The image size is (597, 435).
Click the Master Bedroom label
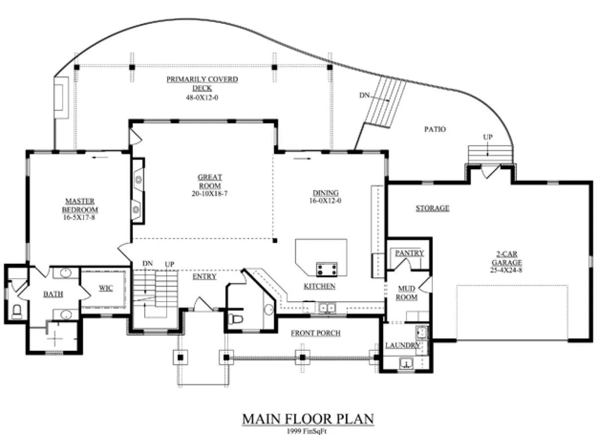coord(80,205)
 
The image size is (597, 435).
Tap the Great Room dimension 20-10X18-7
coord(210,194)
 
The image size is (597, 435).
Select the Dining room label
coord(325,193)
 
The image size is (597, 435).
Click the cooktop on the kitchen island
coord(326,269)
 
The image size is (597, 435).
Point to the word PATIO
coord(435,129)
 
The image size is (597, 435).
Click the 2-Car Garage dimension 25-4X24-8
coord(506,270)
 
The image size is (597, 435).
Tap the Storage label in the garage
coord(432,208)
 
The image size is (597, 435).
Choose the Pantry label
coord(409,253)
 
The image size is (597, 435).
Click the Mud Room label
coord(407,293)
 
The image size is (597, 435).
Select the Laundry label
coord(402,345)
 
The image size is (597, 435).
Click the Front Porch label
coord(315,333)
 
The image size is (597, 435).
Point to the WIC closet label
coord(106,288)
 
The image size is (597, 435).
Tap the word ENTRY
coord(204,277)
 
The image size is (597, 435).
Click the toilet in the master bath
coord(17,311)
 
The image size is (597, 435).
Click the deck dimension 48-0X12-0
coord(202,98)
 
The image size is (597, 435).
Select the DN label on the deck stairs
coord(364,95)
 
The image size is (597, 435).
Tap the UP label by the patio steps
coord(488,137)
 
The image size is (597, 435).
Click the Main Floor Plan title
coord(308,419)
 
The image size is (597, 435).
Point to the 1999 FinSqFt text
coord(306,431)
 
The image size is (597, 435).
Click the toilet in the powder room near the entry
coord(236,319)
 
